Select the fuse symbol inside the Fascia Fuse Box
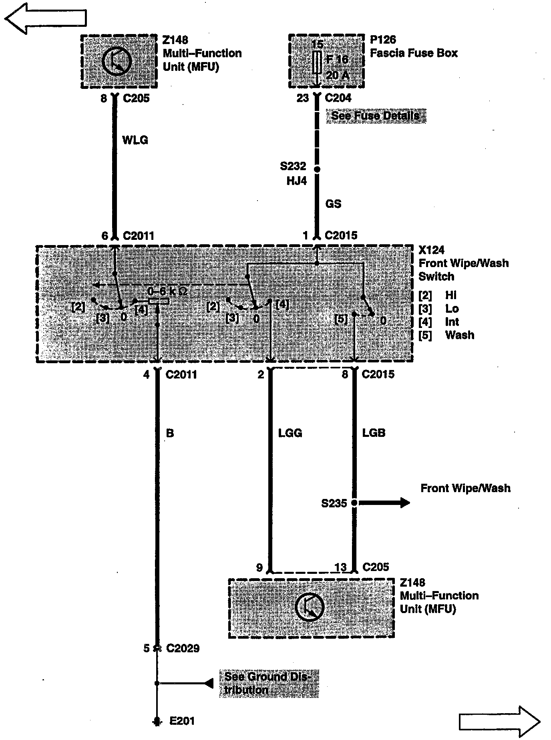click(317, 62)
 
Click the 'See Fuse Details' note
click(376, 116)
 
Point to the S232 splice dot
click(317, 169)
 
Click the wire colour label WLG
click(135, 140)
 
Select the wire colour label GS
click(333, 204)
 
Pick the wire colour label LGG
click(290, 433)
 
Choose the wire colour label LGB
click(374, 433)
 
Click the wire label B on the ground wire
click(170, 433)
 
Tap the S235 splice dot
click(354, 503)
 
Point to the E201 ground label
click(182, 721)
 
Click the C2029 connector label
click(183, 648)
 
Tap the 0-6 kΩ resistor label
click(167, 291)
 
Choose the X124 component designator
click(431, 250)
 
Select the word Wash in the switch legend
click(459, 335)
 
